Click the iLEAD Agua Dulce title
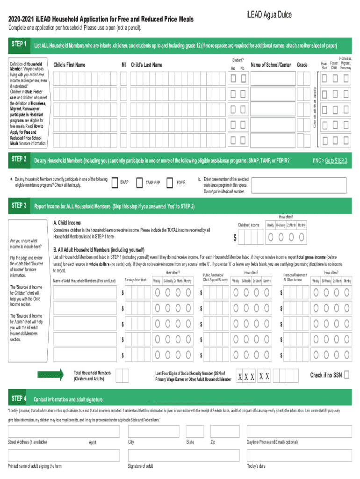click(268, 15)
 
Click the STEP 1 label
click(18, 44)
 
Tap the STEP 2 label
click(18, 159)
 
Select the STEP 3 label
click(18, 205)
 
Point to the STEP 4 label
click(18, 399)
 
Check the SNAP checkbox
click(115, 182)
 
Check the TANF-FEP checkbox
click(139, 182)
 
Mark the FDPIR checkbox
click(170, 182)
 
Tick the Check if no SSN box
click(347, 375)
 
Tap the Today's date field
click(299, 455)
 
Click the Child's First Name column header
click(69, 65)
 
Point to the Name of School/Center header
click(271, 65)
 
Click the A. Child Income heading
click(67, 223)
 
